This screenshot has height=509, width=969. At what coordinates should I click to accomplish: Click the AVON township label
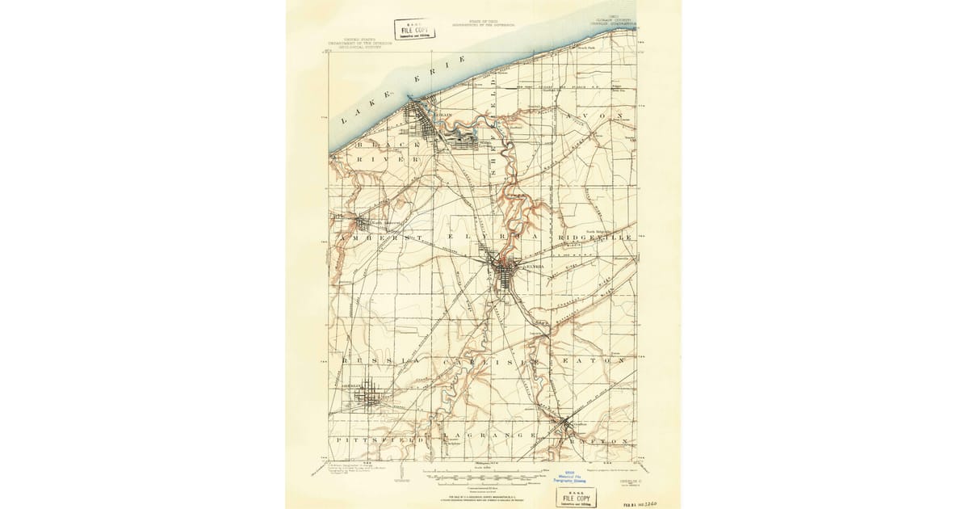click(x=597, y=116)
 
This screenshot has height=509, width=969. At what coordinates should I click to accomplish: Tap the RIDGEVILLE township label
click(x=596, y=238)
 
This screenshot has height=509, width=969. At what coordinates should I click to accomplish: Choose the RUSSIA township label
click(x=376, y=360)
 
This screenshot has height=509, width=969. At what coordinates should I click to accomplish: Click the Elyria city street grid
click(x=506, y=271)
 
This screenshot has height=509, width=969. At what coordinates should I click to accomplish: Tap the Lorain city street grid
click(x=421, y=121)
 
